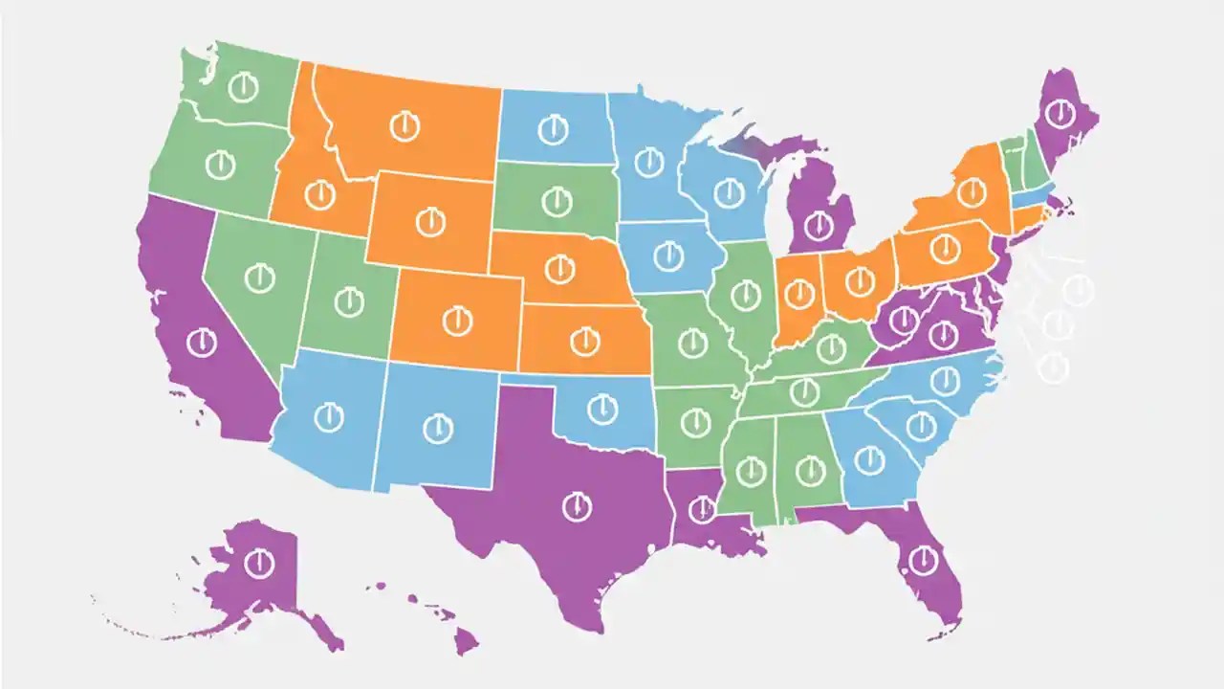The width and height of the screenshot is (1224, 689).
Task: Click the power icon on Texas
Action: pos(577,506)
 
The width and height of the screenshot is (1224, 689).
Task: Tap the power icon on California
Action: pos(202,342)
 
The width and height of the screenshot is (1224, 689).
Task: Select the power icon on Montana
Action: pos(404,125)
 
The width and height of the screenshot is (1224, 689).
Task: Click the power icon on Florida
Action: pos(923,558)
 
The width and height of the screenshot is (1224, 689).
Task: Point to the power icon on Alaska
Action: pos(257,563)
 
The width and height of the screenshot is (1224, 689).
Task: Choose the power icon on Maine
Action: pos(1060,116)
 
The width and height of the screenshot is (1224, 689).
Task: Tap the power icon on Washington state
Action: pos(244,89)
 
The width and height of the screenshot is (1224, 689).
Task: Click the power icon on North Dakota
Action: pos(552,128)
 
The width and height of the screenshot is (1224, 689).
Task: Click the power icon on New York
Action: pos(972,192)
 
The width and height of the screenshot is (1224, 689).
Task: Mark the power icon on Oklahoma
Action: pos(601,411)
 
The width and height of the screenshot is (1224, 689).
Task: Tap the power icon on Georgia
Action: pos(868,460)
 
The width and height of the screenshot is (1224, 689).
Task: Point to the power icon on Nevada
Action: pos(259,278)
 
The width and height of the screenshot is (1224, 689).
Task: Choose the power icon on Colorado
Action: pos(458,321)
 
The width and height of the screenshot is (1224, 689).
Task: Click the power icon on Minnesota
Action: pos(649,162)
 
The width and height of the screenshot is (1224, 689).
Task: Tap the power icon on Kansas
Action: pos(583,339)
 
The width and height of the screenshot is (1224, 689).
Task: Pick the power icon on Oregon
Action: pos(220,164)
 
